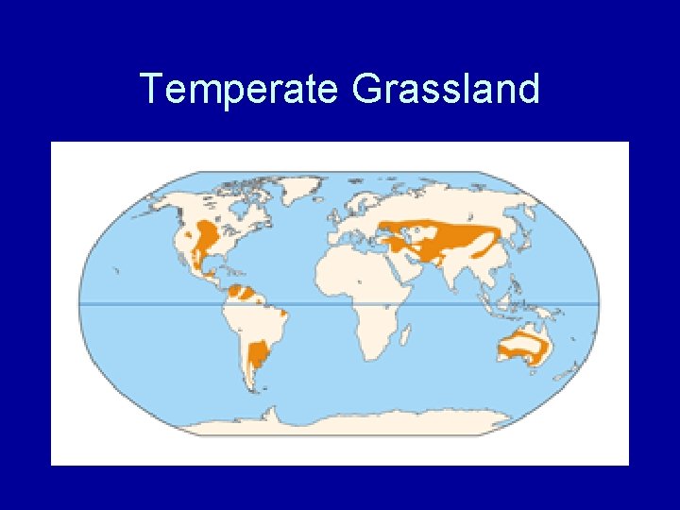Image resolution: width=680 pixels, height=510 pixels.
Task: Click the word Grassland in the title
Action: (445, 90)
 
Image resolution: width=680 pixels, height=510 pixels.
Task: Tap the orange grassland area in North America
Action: (206, 234)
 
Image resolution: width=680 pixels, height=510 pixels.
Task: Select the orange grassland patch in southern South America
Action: (257, 357)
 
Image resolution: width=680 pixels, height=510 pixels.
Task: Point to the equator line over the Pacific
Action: (142, 303)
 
